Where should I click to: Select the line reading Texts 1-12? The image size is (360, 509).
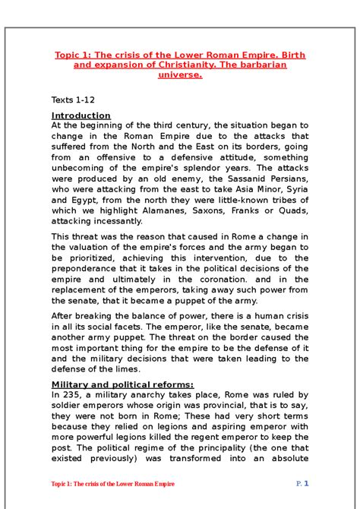click(x=74, y=100)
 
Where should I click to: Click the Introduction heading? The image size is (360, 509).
click(x=81, y=115)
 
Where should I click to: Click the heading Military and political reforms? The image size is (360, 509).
click(x=122, y=384)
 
